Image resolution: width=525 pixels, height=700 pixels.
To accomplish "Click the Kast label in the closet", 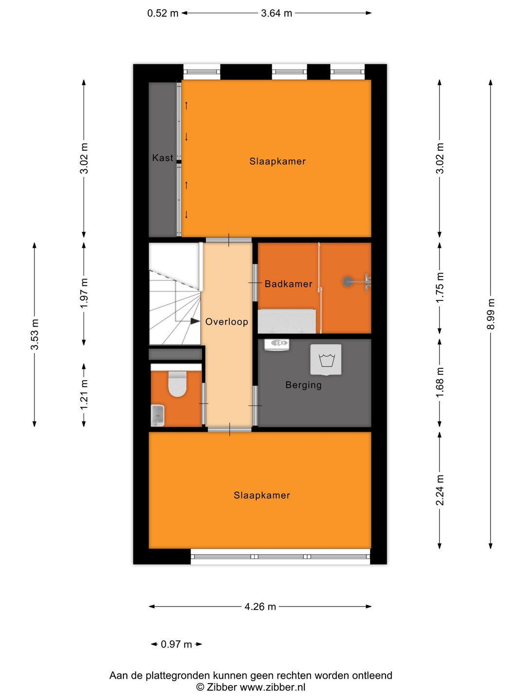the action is pos(162,157).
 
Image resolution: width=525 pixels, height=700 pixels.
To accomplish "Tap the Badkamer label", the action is pos(288,283).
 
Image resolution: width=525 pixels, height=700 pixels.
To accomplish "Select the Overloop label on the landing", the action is pos(227,321).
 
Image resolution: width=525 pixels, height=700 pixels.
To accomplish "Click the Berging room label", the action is pos(303,385).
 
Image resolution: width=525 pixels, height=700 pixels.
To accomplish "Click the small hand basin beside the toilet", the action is pos(157,416).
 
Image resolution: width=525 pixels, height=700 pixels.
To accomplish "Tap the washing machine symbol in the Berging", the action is pos(326,359).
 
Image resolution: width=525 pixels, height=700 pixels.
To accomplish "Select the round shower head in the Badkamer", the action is pos(348,281).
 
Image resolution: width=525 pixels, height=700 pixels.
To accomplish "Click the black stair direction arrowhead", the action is pos(195,321).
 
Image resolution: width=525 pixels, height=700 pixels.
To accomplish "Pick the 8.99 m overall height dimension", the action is pos(491,314).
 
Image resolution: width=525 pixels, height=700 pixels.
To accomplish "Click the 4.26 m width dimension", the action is pos(260,606).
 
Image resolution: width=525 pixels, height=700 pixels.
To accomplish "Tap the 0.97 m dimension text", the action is pos(176,644).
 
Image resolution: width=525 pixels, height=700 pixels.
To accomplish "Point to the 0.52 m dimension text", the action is pos(162,13).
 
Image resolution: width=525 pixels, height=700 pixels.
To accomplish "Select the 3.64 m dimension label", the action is pos(277,13).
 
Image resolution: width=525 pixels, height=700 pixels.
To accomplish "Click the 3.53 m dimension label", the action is pos(35,334).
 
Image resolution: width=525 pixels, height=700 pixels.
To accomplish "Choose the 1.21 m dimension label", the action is pos(84,395).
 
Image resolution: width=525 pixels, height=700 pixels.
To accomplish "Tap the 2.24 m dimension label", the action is pos(440,490).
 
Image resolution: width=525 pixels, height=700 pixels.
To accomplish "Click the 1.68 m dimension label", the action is pos(440,383).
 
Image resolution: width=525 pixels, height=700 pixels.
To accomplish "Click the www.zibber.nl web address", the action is pos(272,687).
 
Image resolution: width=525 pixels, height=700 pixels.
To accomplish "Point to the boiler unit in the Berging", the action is pos(277,345).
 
